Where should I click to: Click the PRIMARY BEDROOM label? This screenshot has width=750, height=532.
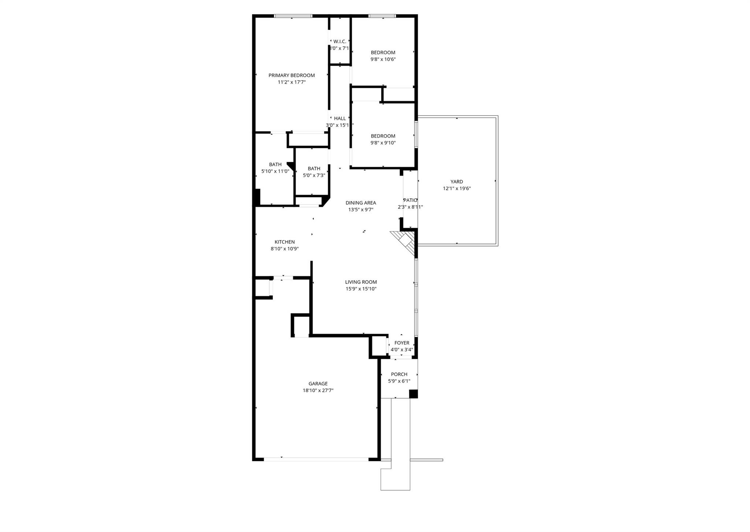click(x=292, y=75)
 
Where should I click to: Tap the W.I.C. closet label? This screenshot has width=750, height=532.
click(x=339, y=42)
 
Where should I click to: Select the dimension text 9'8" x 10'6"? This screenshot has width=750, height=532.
click(x=383, y=59)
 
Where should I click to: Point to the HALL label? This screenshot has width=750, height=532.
click(x=339, y=119)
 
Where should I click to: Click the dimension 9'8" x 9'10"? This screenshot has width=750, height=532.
click(x=383, y=143)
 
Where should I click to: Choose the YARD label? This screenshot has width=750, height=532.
click(x=456, y=182)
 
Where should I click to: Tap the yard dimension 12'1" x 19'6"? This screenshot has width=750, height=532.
click(x=456, y=189)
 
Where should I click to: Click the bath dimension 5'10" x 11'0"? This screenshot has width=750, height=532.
click(x=275, y=171)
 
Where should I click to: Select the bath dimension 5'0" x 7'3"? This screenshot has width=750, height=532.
click(x=314, y=176)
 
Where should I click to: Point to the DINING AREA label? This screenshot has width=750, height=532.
click(x=361, y=203)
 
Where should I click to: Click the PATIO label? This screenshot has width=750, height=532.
click(x=410, y=201)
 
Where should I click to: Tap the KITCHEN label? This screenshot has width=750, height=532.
click(x=285, y=242)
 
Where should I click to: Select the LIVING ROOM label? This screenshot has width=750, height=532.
click(x=361, y=282)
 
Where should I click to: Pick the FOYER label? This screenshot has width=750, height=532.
click(x=402, y=343)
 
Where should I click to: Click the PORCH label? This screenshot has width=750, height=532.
click(x=399, y=374)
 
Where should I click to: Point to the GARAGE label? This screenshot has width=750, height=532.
click(x=318, y=384)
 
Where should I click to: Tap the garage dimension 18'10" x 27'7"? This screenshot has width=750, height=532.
click(x=318, y=391)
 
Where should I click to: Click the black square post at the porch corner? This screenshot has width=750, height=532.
click(x=413, y=394)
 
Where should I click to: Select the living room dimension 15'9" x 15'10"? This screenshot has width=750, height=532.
click(x=361, y=289)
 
